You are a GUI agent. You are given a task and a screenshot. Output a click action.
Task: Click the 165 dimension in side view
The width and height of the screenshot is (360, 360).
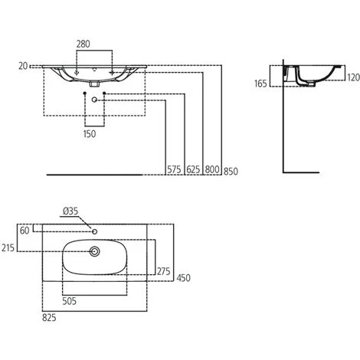[x=260, y=84]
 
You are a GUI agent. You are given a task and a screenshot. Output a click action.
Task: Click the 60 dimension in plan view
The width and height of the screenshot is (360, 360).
[x=25, y=230]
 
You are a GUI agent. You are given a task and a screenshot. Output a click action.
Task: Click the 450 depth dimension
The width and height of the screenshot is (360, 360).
[x=184, y=277]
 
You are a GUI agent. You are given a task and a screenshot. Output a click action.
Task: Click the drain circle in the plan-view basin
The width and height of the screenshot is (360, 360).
[x=95, y=250]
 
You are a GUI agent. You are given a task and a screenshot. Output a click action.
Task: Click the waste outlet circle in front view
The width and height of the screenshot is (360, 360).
[x=95, y=100]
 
